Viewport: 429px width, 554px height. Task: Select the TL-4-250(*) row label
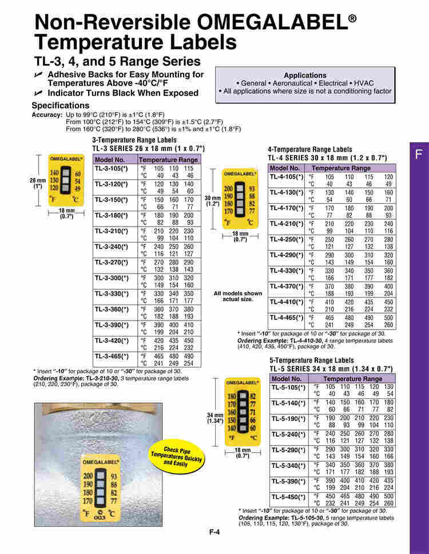[x=287, y=239]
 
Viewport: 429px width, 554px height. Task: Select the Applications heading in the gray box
[x=305, y=76]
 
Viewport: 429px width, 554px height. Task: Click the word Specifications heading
[x=60, y=105]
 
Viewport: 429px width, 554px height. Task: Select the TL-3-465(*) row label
[x=112, y=356]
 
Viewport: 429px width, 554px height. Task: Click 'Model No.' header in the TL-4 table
[x=285, y=168]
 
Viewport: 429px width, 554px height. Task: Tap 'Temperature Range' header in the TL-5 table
[x=357, y=379]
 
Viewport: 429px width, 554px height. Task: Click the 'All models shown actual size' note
[x=238, y=296]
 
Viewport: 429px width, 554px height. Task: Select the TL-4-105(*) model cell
[x=287, y=177]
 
